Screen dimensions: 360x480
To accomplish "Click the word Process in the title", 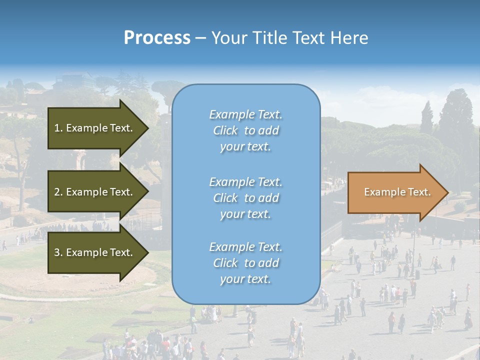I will [157, 38].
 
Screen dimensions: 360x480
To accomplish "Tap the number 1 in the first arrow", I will [57, 128].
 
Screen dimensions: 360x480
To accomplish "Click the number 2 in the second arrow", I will [57, 192].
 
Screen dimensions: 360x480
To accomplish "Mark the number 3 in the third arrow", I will [57, 252].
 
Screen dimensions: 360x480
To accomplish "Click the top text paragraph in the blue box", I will [245, 130].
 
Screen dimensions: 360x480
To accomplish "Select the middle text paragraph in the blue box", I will [245, 198].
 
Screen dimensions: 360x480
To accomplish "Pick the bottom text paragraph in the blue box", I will [245, 263].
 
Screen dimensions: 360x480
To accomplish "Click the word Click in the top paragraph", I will [225, 130].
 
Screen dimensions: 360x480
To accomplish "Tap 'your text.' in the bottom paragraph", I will [245, 279].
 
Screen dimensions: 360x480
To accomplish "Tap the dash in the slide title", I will [201, 38].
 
